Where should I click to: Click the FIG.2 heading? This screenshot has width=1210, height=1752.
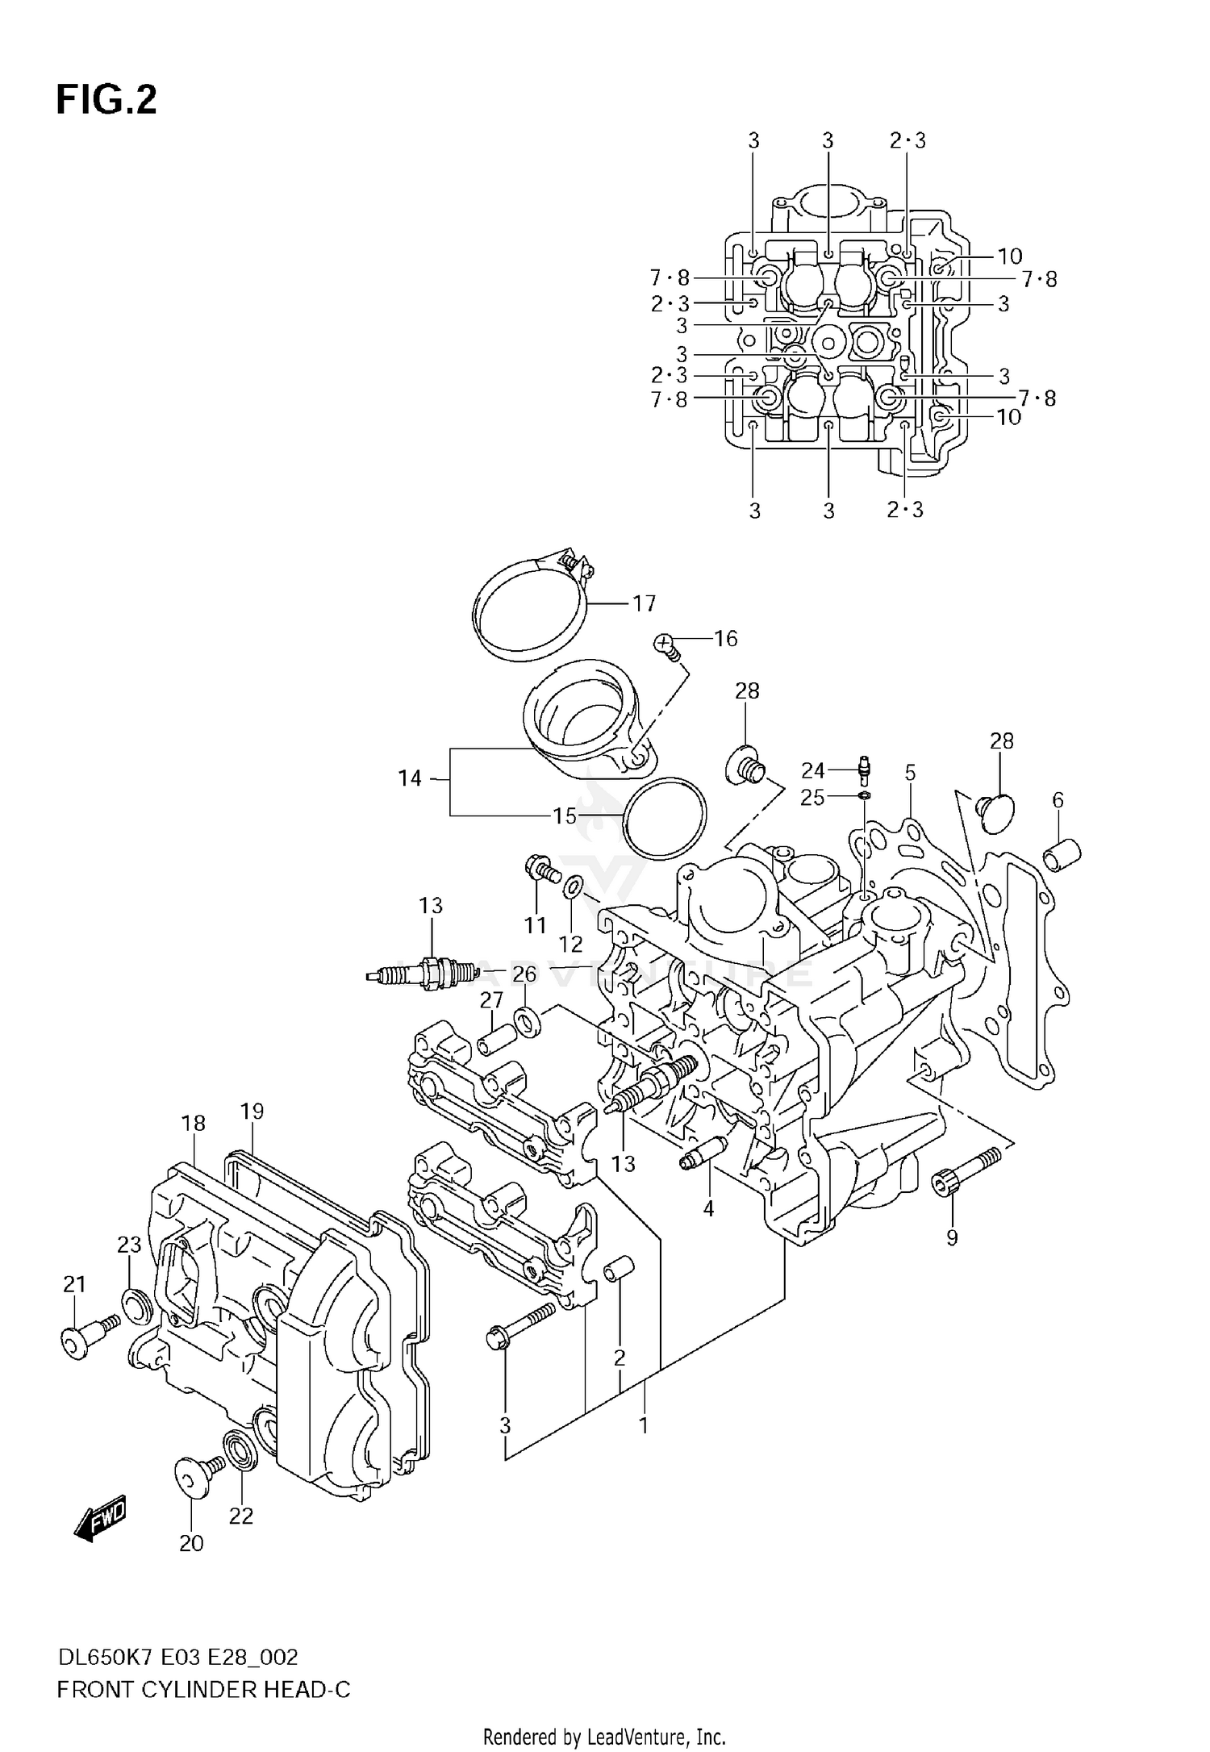click(106, 101)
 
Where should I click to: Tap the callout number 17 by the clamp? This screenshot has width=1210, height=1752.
click(644, 603)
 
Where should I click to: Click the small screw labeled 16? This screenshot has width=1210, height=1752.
click(666, 644)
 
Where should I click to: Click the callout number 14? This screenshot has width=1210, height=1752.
click(410, 778)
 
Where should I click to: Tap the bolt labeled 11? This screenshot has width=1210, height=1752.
click(541, 870)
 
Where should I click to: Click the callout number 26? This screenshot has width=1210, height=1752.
click(524, 974)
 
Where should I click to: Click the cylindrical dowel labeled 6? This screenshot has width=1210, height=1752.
click(1063, 853)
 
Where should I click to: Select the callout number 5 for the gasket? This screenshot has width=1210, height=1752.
click(910, 773)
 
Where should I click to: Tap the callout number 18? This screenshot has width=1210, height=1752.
click(193, 1123)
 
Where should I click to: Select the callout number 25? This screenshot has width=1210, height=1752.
click(812, 798)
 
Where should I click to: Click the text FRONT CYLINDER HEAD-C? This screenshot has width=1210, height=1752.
click(203, 1690)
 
